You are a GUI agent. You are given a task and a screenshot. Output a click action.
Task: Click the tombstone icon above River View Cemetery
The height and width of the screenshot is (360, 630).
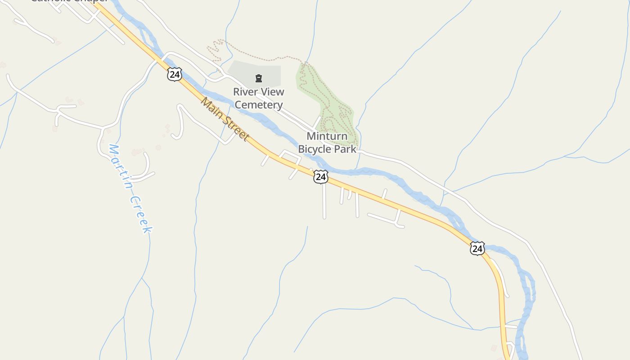(258, 79)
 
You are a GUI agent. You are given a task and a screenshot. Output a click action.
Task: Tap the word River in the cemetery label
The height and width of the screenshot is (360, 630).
(245, 92)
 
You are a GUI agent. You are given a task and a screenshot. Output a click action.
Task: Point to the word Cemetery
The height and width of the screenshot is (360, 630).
(259, 105)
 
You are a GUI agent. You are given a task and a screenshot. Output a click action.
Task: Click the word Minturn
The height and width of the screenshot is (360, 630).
(327, 136)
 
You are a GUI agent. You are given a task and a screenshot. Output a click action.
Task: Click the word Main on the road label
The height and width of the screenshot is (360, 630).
(212, 110)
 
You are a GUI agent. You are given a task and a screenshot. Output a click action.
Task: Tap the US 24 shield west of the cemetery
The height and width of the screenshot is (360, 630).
(174, 74)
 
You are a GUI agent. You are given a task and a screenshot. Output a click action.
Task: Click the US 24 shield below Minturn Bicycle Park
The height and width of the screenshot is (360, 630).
(320, 176)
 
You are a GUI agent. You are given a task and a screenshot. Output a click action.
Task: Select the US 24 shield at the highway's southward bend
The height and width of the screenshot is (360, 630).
(477, 248)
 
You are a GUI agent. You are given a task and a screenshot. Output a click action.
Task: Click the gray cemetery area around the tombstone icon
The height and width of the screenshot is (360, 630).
(243, 72)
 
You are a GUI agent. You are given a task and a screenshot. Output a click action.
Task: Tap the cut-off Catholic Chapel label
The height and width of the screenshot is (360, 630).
(67, 1)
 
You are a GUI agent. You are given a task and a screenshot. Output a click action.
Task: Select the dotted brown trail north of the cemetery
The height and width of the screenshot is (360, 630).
(261, 56)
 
